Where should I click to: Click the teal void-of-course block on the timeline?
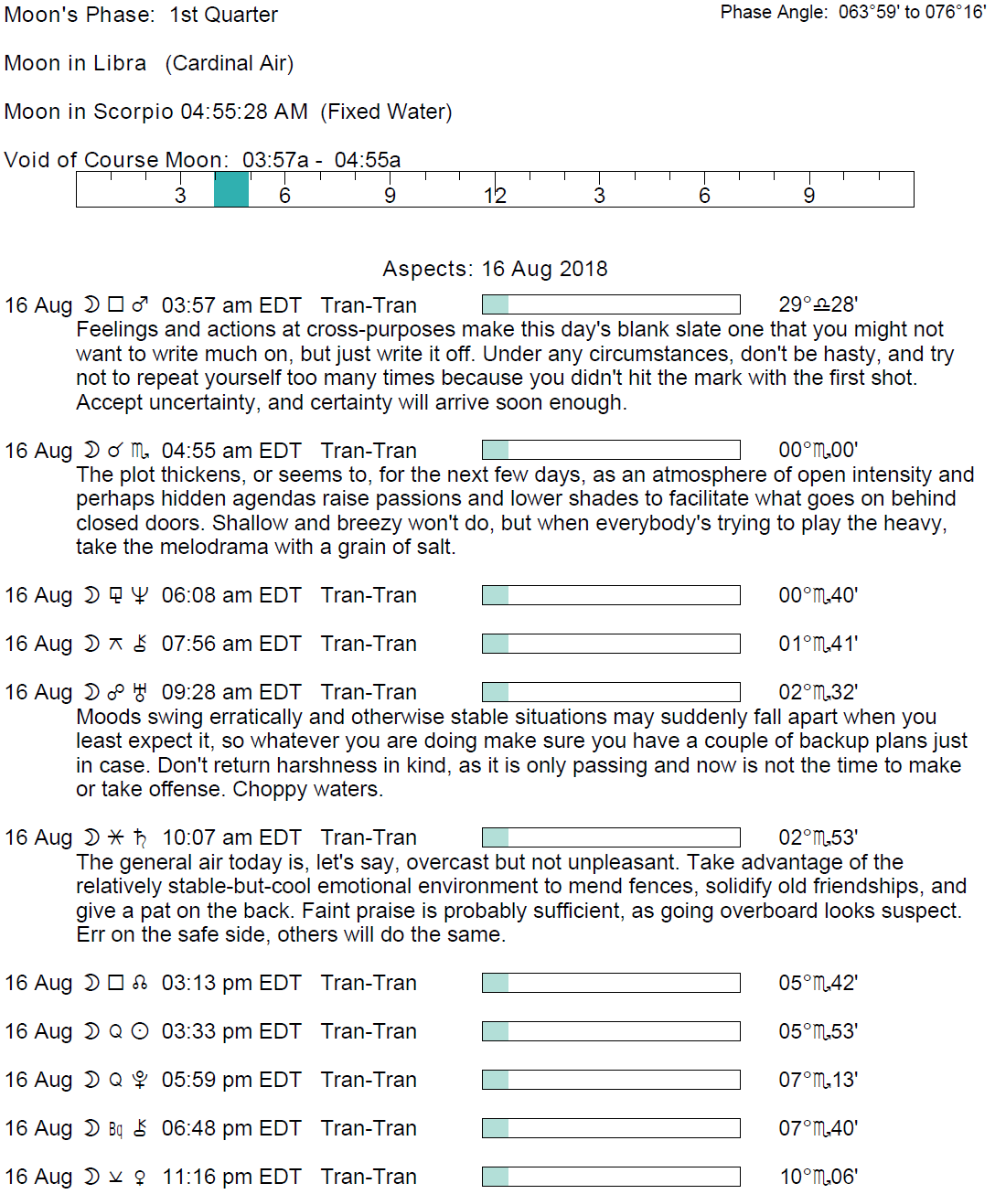click(231, 189)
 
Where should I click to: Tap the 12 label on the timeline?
click(495, 196)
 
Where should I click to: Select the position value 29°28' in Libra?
click(818, 305)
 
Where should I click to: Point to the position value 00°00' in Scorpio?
click(818, 451)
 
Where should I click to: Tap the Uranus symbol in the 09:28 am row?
click(140, 693)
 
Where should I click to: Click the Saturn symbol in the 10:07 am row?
click(140, 837)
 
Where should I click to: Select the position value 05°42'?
click(818, 984)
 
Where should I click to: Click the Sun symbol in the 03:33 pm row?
click(140, 1032)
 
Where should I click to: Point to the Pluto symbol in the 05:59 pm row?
click(140, 1081)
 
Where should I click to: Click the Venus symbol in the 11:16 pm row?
click(140, 1178)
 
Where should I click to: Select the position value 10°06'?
click(818, 1178)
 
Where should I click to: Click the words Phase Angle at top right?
click(774, 12)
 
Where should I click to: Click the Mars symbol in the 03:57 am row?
click(140, 304)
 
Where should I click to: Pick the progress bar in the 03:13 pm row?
click(611, 983)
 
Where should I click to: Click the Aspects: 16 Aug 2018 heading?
click(495, 269)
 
